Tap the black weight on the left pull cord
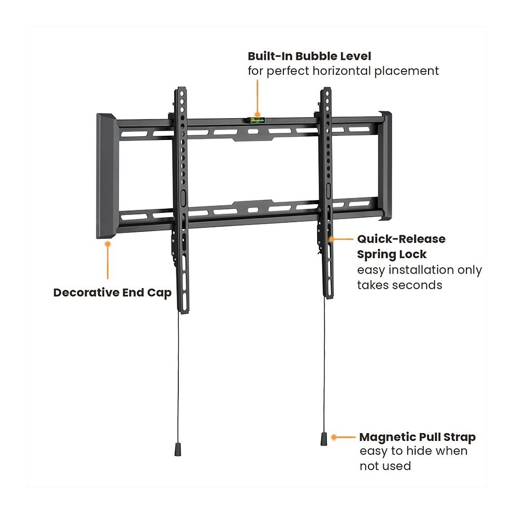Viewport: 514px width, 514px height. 178,449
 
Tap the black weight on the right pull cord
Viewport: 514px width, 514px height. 324,439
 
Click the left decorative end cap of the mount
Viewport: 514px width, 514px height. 106,176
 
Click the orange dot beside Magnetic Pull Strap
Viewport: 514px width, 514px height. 334,437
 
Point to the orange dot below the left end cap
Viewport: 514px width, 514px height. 108,244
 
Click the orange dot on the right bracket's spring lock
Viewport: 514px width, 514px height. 332,239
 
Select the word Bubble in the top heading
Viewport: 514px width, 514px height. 317,56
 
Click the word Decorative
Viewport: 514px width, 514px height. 86,292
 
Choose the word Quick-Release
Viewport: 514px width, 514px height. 401,239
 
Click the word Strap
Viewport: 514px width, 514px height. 459,438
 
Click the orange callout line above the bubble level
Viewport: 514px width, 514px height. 258,97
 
